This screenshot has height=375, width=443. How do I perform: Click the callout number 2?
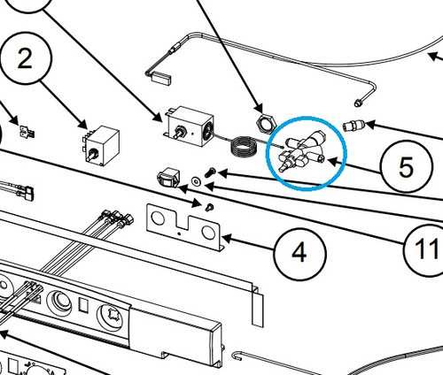[x=25, y=58]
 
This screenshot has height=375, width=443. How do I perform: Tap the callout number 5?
[x=406, y=167]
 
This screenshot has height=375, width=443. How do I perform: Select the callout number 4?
[x=299, y=252]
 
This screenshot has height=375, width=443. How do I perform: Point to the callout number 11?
[x=426, y=249]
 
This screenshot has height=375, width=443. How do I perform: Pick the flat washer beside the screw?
[x=196, y=181]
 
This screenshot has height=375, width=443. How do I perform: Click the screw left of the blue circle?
[x=210, y=172]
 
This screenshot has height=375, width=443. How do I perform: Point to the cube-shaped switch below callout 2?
[x=101, y=145]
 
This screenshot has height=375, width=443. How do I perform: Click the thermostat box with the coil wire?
[x=190, y=126]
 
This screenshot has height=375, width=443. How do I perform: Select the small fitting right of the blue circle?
[x=354, y=126]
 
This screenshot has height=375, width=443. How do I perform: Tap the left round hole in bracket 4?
[x=158, y=218]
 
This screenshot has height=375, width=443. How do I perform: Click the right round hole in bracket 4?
[x=208, y=233]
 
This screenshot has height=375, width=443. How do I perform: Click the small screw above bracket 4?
[x=209, y=207]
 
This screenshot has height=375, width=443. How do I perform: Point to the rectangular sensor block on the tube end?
[x=161, y=79]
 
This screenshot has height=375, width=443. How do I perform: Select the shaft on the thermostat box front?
[x=179, y=132]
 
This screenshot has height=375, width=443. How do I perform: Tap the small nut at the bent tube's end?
[x=358, y=103]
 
